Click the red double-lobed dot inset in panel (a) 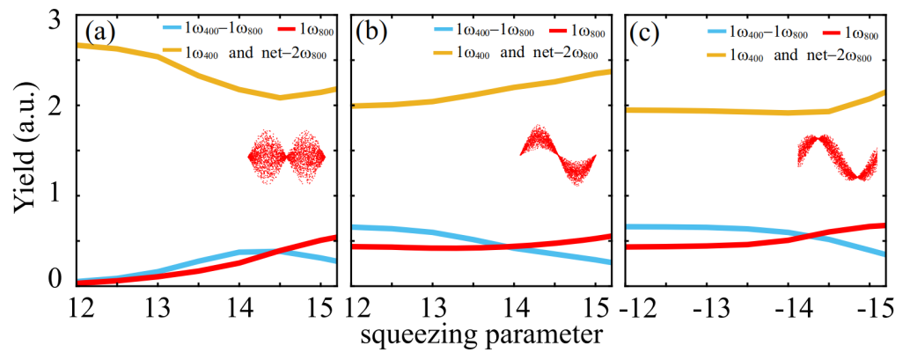pyautogui.click(x=287, y=157)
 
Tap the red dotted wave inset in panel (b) pyautogui.click(x=558, y=155)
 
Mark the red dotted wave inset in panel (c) pyautogui.click(x=837, y=157)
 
